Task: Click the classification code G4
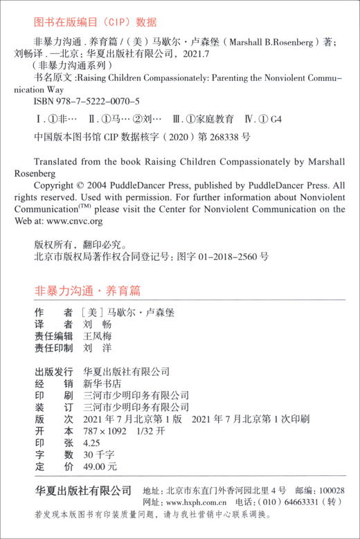[x=276, y=119]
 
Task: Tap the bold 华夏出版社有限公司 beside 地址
[x=83, y=490]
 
